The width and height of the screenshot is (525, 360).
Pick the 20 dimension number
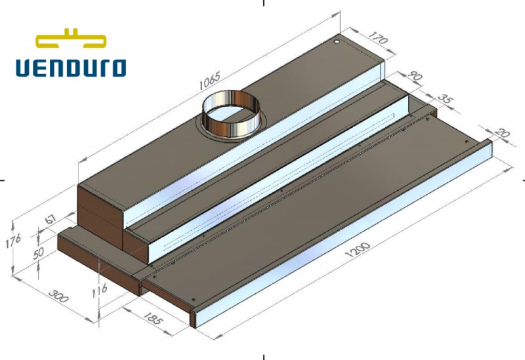coord(503,134)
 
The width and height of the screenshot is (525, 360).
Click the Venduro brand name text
coord(71,67)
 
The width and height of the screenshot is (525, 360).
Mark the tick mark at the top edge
coord(264,3)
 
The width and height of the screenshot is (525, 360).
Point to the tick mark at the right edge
coord(522,179)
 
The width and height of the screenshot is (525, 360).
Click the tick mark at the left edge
coord(3,179)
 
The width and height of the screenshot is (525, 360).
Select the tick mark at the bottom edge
coord(264,356)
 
